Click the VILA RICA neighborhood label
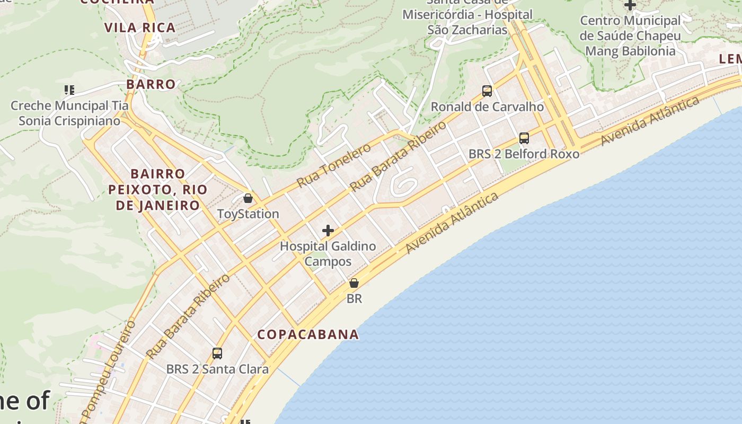tap(140, 28)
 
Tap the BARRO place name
tap(151, 84)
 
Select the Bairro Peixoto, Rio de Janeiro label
tap(158, 190)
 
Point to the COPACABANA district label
tap(308, 334)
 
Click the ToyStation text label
tap(248, 214)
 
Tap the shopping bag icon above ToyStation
tap(248, 199)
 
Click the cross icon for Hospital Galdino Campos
tap(328, 231)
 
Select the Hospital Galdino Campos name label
tap(328, 254)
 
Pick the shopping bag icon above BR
tap(354, 284)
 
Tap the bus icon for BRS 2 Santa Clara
tap(217, 354)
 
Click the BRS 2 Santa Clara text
tap(217, 369)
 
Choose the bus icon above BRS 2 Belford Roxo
tap(524, 138)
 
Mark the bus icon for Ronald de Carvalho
tap(487, 91)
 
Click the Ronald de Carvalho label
tap(487, 107)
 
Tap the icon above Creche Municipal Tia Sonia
tap(69, 90)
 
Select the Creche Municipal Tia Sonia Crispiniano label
tap(69, 113)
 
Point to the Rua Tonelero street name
tap(334, 165)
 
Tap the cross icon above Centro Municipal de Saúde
tap(630, 5)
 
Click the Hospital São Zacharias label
tap(467, 22)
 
